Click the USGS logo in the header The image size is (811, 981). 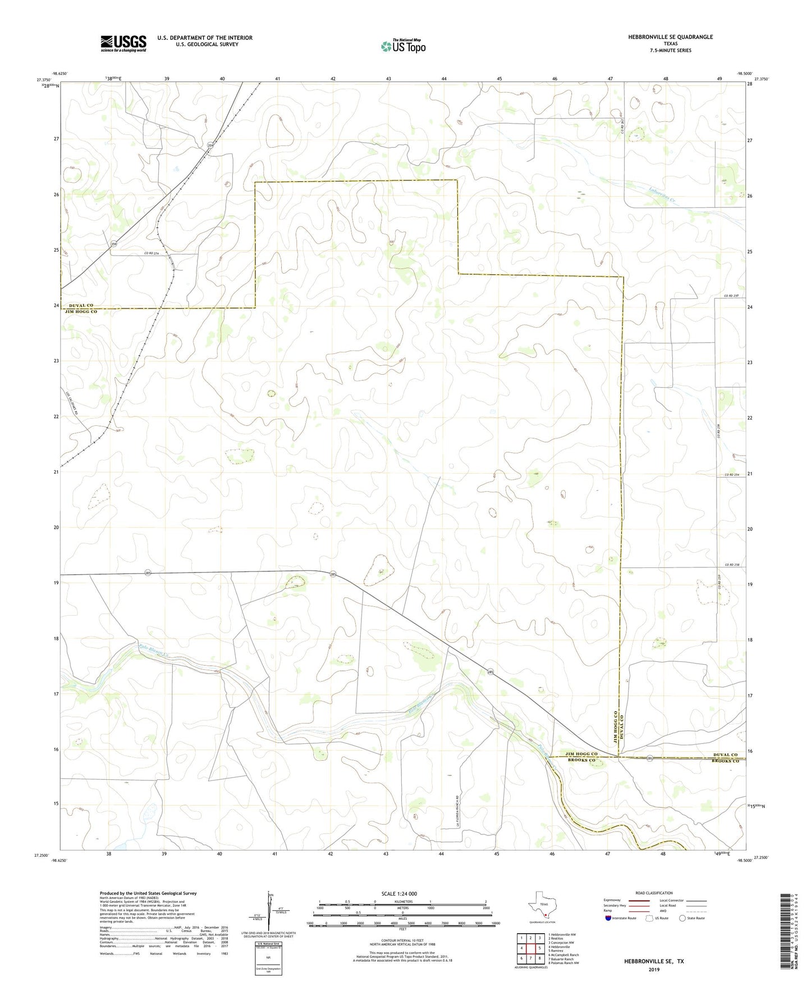coord(123,43)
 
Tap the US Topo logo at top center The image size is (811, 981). coord(402,46)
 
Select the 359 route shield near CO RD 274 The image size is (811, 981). coord(114,244)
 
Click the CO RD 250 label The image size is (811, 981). coord(731,296)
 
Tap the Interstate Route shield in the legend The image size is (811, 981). coord(609,918)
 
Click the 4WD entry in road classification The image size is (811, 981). coord(665,910)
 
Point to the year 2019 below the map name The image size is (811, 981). coord(654,969)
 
